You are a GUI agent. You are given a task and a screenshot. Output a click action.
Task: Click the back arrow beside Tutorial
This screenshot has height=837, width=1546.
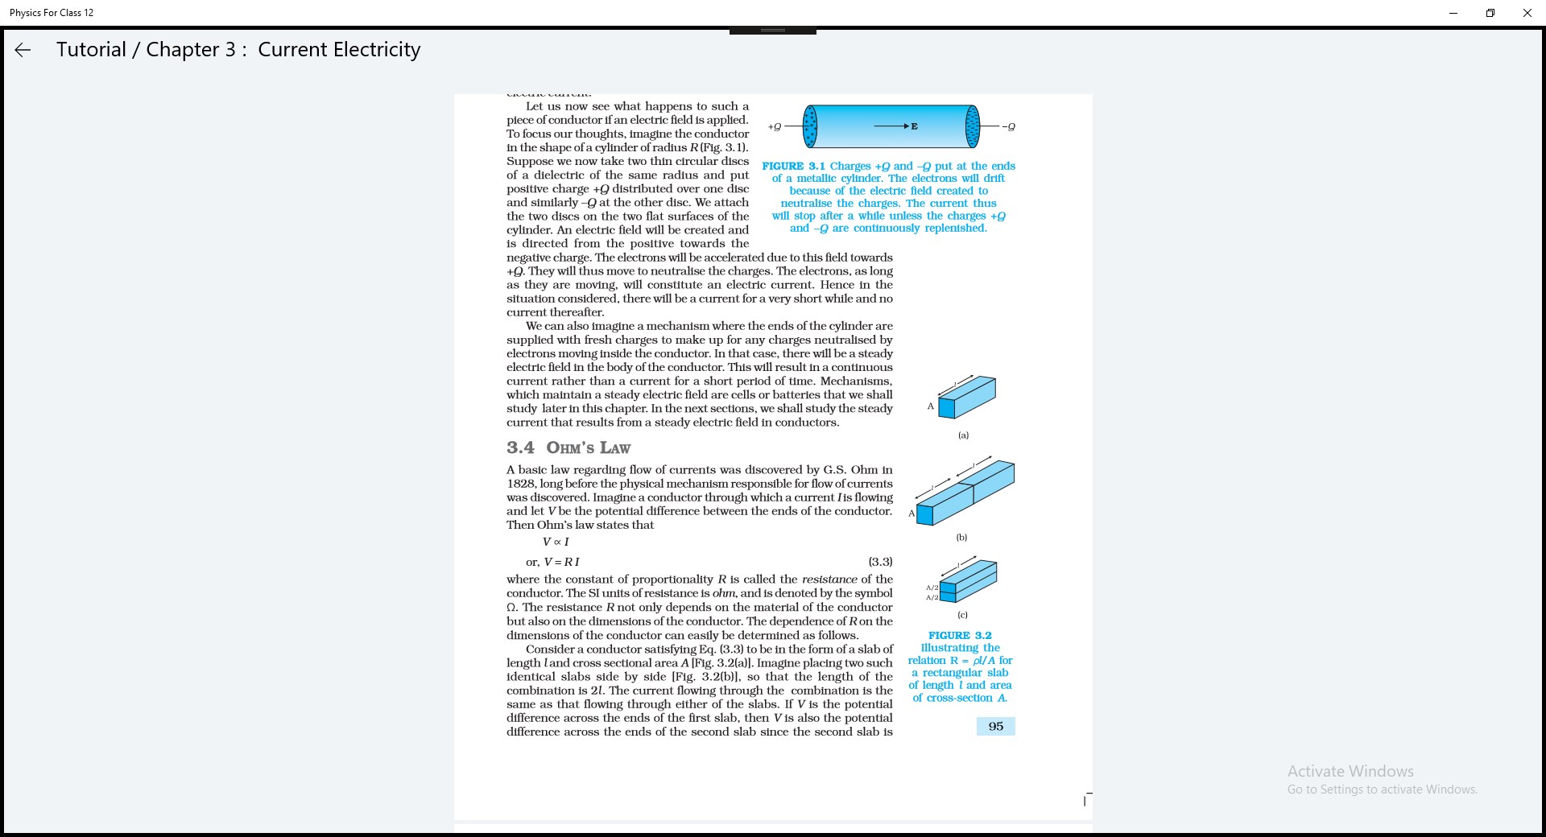click(23, 50)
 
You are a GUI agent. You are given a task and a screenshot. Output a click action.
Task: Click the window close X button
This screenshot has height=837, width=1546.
click(1527, 13)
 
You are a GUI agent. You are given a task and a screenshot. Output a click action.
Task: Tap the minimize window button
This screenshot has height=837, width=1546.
click(1453, 13)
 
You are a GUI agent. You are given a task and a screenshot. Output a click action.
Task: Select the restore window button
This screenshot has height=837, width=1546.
click(1490, 13)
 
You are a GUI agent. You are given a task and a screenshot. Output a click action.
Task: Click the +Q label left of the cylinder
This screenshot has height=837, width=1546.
click(775, 126)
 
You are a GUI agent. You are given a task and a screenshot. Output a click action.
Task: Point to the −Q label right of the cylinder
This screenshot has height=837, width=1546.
click(1008, 126)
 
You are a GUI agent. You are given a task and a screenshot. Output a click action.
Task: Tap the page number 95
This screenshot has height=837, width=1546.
click(996, 726)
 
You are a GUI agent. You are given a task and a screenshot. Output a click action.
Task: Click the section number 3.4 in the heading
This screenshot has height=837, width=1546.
click(520, 447)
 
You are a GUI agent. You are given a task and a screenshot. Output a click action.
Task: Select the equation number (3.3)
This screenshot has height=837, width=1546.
click(880, 562)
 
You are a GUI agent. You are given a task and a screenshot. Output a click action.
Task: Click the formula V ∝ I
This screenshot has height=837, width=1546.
click(556, 542)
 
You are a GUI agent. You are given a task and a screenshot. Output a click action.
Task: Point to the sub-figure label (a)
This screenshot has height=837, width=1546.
click(963, 435)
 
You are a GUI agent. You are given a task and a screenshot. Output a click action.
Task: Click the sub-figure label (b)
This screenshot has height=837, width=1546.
click(961, 537)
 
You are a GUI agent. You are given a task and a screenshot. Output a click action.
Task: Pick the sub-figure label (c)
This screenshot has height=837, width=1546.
click(962, 615)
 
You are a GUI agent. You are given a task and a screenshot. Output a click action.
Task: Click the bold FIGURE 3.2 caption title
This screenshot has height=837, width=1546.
click(960, 635)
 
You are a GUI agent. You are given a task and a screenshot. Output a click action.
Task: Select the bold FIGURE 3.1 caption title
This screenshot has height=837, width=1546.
click(793, 166)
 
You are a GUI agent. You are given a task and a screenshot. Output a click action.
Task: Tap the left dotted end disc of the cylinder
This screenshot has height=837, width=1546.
click(810, 126)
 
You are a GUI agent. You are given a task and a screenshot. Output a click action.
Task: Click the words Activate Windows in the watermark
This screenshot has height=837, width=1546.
click(1350, 771)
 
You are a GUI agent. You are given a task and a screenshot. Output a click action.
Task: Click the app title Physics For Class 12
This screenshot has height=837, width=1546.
click(52, 13)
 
